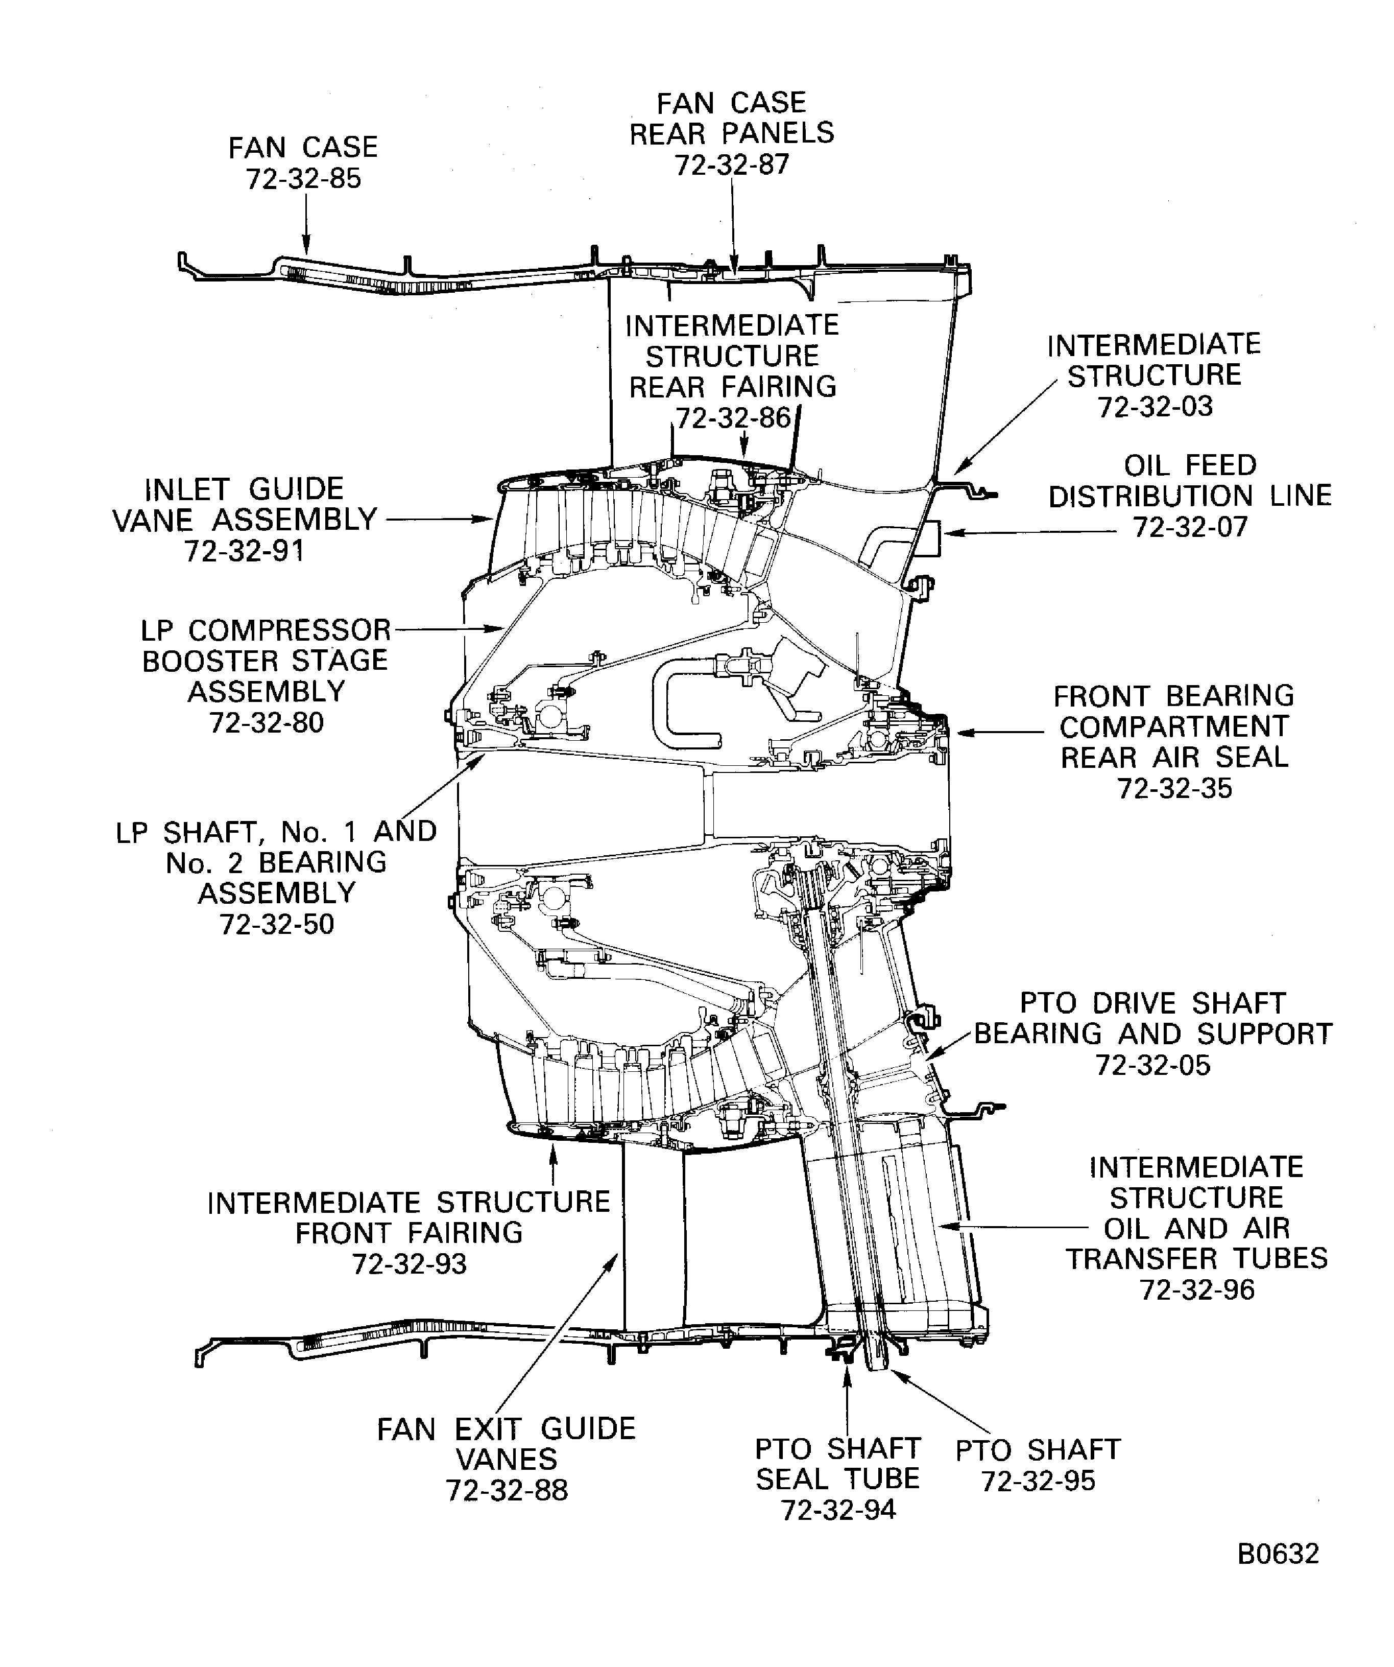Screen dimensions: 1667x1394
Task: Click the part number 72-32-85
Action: [x=303, y=179]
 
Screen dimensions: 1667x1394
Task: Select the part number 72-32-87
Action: [x=732, y=165]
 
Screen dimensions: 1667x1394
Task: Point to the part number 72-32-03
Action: [x=1155, y=407]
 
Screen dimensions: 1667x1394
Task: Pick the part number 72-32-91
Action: [x=245, y=551]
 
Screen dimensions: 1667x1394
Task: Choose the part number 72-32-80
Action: [x=267, y=723]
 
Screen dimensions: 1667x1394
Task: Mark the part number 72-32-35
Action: [x=1174, y=788]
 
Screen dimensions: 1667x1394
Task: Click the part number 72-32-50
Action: [x=277, y=924]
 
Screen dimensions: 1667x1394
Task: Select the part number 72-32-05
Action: [x=1153, y=1065]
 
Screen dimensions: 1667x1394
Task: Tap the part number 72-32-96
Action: [x=1196, y=1290]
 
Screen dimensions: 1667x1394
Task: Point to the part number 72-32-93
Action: [x=410, y=1264]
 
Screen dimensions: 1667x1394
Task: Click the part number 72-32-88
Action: [x=507, y=1491]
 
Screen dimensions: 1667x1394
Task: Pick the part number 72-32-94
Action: [x=838, y=1510]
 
